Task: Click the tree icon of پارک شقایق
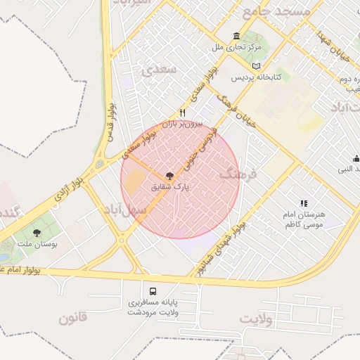pos(169,175)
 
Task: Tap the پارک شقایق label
pos(172,188)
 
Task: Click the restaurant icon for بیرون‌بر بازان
pos(183,112)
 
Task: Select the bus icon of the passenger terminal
pos(153,290)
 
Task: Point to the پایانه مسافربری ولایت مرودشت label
pos(153,307)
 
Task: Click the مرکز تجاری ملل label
pos(236,49)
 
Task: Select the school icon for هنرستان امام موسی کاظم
pos(304,204)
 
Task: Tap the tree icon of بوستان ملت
pos(37,233)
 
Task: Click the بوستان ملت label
pos(37,245)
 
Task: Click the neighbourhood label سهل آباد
pos(126,210)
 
